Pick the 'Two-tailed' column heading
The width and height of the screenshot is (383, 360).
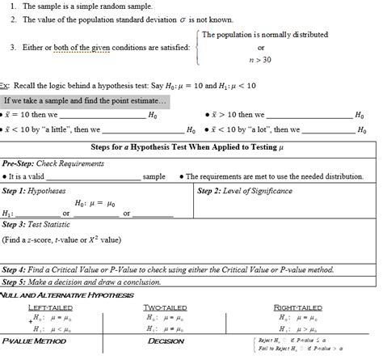[x=165, y=308]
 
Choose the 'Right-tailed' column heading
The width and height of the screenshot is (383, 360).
[x=297, y=308]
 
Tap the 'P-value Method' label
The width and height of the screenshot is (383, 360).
[x=33, y=341]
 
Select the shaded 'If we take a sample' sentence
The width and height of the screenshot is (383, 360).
[x=85, y=101]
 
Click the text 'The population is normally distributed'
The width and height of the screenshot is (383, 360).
[x=264, y=35]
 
